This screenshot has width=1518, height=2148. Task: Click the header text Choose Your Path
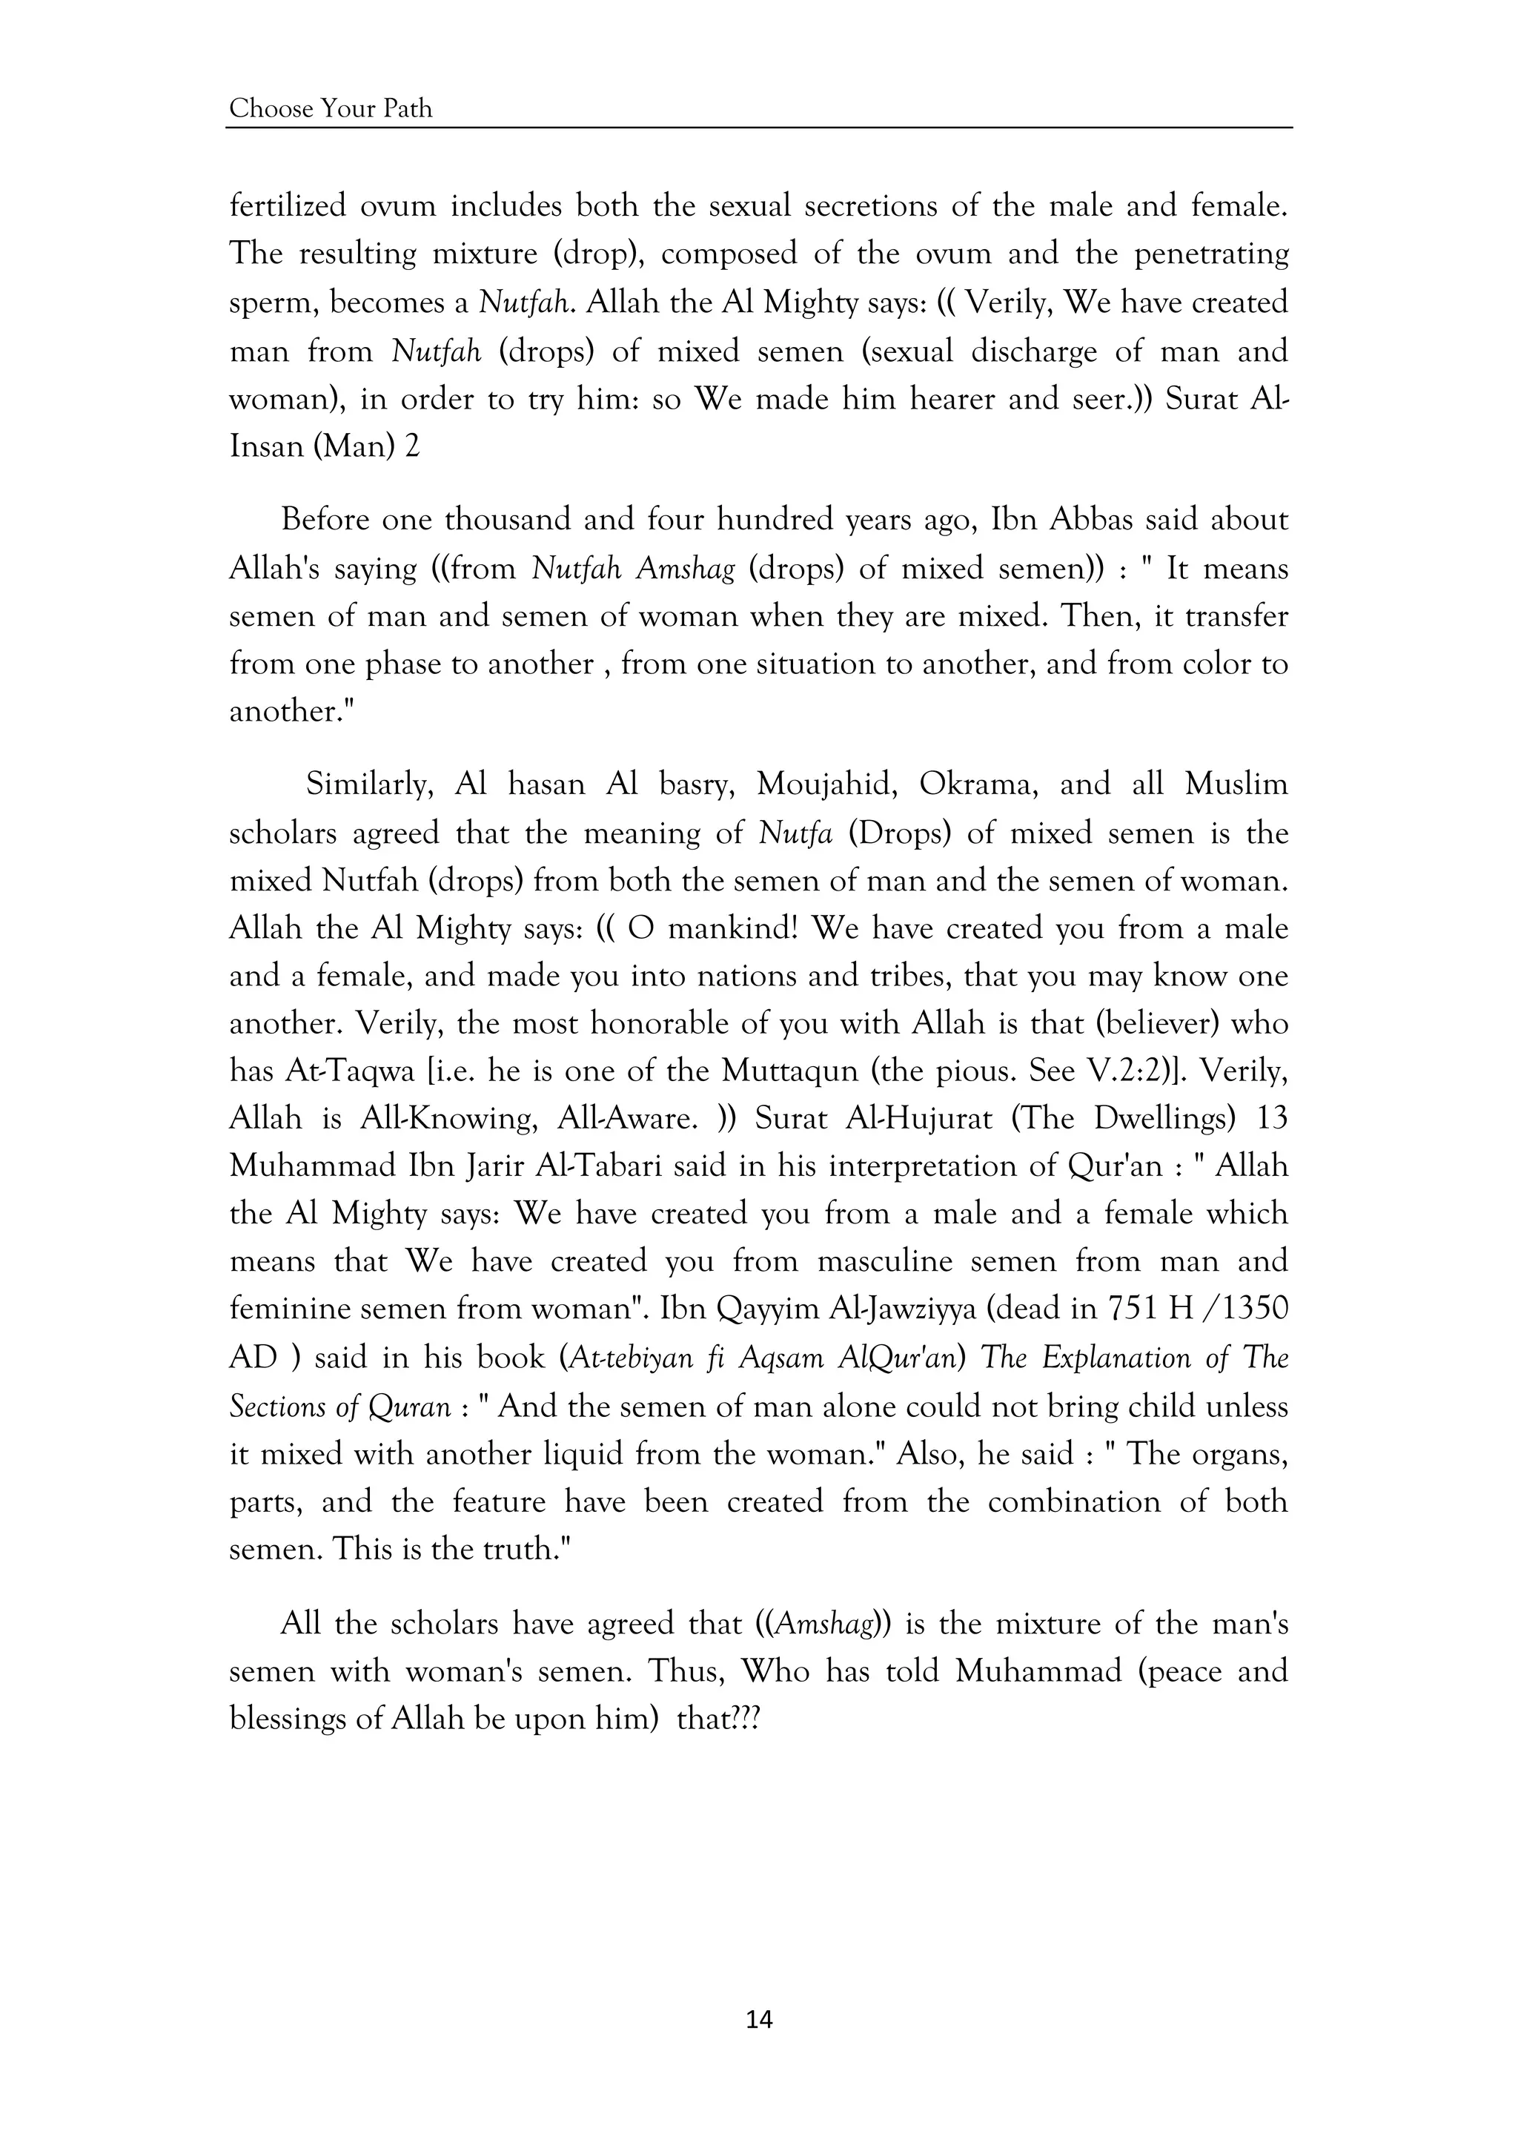click(331, 110)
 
